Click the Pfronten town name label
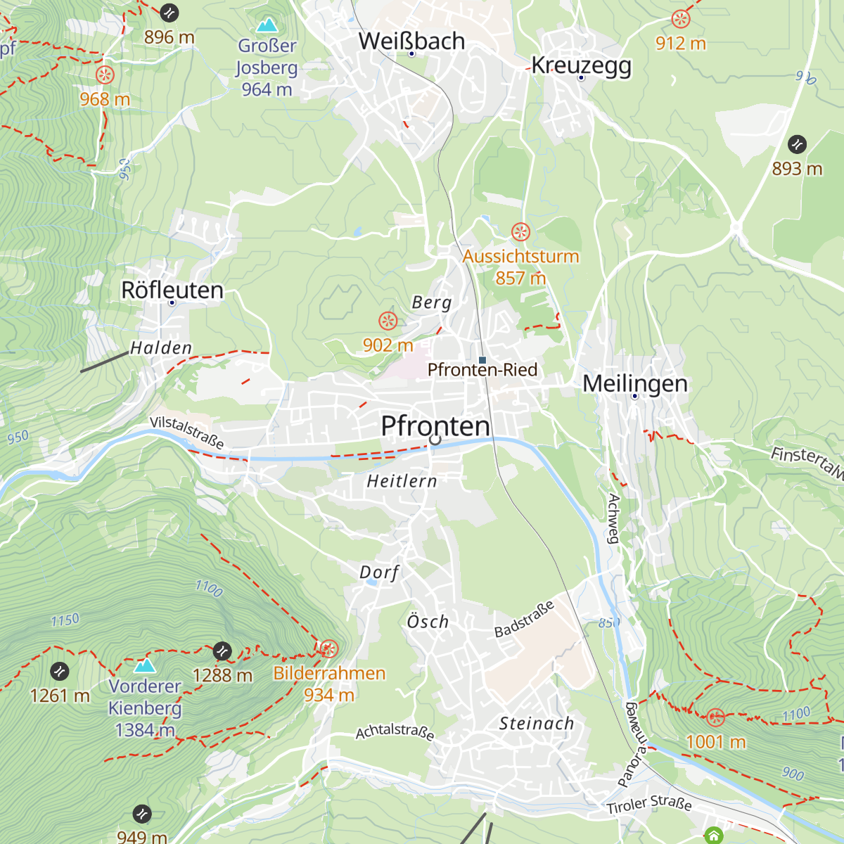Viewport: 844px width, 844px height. tap(435, 426)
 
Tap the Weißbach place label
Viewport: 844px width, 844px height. tap(411, 41)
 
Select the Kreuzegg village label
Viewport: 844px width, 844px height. tap(581, 65)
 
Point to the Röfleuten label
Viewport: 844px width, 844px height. tap(172, 290)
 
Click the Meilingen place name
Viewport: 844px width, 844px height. tap(635, 384)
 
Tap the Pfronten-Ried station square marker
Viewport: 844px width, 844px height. tap(482, 360)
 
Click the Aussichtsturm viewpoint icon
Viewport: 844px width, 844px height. tap(520, 231)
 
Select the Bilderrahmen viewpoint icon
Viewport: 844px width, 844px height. tap(328, 648)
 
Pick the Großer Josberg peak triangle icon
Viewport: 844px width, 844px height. tap(267, 26)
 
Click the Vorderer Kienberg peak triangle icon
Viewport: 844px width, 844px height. tap(145, 665)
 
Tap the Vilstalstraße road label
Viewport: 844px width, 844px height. tap(187, 433)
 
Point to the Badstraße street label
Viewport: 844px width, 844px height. tap(524, 619)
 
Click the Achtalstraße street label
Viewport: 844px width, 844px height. tap(395, 731)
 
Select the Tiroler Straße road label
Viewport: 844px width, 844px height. tap(649, 804)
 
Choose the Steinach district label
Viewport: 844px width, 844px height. tap(536, 724)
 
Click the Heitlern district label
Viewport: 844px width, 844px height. tap(402, 482)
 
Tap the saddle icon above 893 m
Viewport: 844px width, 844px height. tap(797, 144)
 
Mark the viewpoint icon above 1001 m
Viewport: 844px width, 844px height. tap(715, 717)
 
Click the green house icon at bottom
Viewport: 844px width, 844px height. tap(714, 836)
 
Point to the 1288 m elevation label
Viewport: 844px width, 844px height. tap(222, 676)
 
